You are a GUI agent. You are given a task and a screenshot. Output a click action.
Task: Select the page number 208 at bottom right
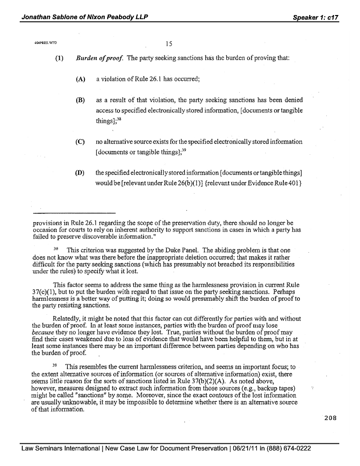click(x=330, y=418)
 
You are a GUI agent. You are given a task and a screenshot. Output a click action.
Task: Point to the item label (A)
click(x=80, y=79)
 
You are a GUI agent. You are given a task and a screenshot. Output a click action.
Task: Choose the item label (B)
click(x=80, y=100)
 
